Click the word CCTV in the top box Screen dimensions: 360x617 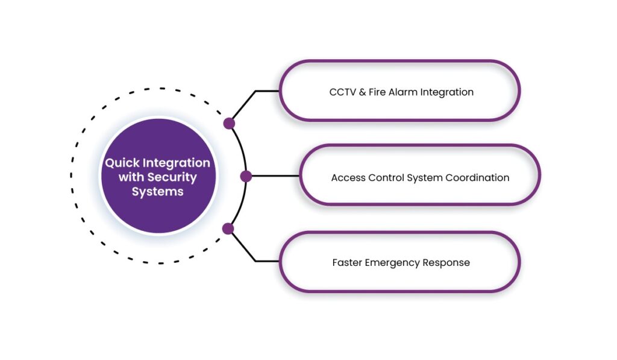click(341, 92)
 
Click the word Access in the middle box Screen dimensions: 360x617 click(347, 178)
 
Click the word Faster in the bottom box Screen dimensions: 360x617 click(347, 263)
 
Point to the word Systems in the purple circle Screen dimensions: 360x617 click(158, 192)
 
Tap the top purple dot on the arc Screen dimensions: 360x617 click(229, 124)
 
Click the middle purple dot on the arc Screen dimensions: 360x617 click(246, 176)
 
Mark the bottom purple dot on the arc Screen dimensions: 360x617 click(228, 229)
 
